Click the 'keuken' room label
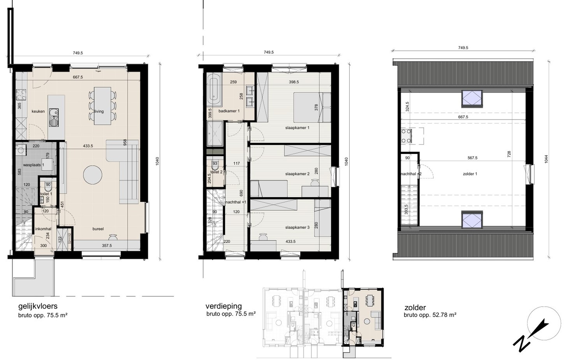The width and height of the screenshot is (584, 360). coord(39,111)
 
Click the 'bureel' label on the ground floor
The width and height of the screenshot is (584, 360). coord(98,229)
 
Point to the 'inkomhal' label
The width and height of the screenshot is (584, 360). coord(42,229)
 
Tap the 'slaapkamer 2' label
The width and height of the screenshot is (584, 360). coord(297,174)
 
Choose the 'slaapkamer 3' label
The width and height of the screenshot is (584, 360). coord(297,228)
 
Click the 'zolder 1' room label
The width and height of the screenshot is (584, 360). coord(470,174)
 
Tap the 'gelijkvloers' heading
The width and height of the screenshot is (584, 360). coord(38,307)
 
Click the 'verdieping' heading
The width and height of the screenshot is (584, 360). coord(224,306)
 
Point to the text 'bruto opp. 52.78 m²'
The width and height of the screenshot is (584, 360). coord(430,315)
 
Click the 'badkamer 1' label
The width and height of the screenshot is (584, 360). coord(229,111)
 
